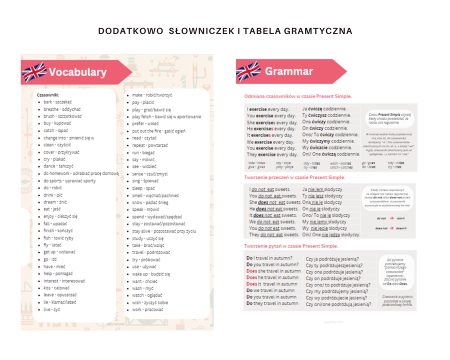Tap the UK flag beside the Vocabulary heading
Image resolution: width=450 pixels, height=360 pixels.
34,72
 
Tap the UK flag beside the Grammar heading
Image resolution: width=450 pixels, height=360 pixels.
248,71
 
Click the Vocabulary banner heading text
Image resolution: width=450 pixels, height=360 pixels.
77,72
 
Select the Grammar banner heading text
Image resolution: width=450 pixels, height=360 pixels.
289,71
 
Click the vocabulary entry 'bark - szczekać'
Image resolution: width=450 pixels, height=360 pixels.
57,101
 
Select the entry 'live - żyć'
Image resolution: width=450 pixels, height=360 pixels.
51,309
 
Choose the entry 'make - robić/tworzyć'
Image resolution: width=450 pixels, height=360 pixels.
152,94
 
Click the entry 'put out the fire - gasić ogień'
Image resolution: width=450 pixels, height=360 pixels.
158,131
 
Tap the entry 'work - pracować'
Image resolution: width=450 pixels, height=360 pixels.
148,309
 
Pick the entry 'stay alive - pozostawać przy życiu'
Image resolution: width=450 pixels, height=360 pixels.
164,231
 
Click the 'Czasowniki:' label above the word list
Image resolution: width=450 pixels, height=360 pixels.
48,94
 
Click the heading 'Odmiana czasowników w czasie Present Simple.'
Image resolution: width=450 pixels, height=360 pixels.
297,96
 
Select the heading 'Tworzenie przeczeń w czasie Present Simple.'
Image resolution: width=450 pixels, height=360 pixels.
294,177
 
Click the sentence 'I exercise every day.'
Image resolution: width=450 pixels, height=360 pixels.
268,108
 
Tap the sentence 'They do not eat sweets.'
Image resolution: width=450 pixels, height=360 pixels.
273,234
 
